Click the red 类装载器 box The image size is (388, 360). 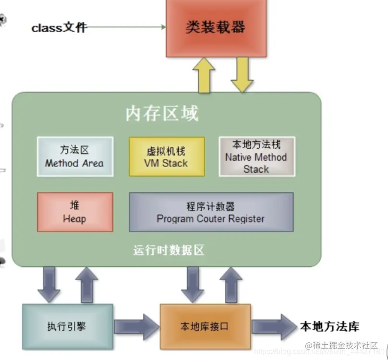pyautogui.click(x=215, y=28)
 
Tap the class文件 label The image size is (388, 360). pyautogui.click(x=59, y=28)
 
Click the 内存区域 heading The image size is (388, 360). pyautogui.click(x=162, y=114)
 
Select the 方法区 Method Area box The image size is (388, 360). pyautogui.click(x=75, y=156)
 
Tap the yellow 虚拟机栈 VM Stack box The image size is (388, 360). pyautogui.click(x=166, y=156)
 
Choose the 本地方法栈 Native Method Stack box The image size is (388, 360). pyautogui.click(x=256, y=156)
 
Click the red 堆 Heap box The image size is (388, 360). pyautogui.click(x=75, y=212)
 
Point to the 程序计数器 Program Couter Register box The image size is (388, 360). pyautogui.click(x=211, y=212)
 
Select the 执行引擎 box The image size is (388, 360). pyautogui.click(x=67, y=326)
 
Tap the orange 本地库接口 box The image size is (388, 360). pyautogui.click(x=205, y=326)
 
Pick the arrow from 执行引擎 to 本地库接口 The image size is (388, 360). pyautogui.click(x=136, y=326)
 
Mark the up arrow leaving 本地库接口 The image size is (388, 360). pyautogui.click(x=230, y=284)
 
